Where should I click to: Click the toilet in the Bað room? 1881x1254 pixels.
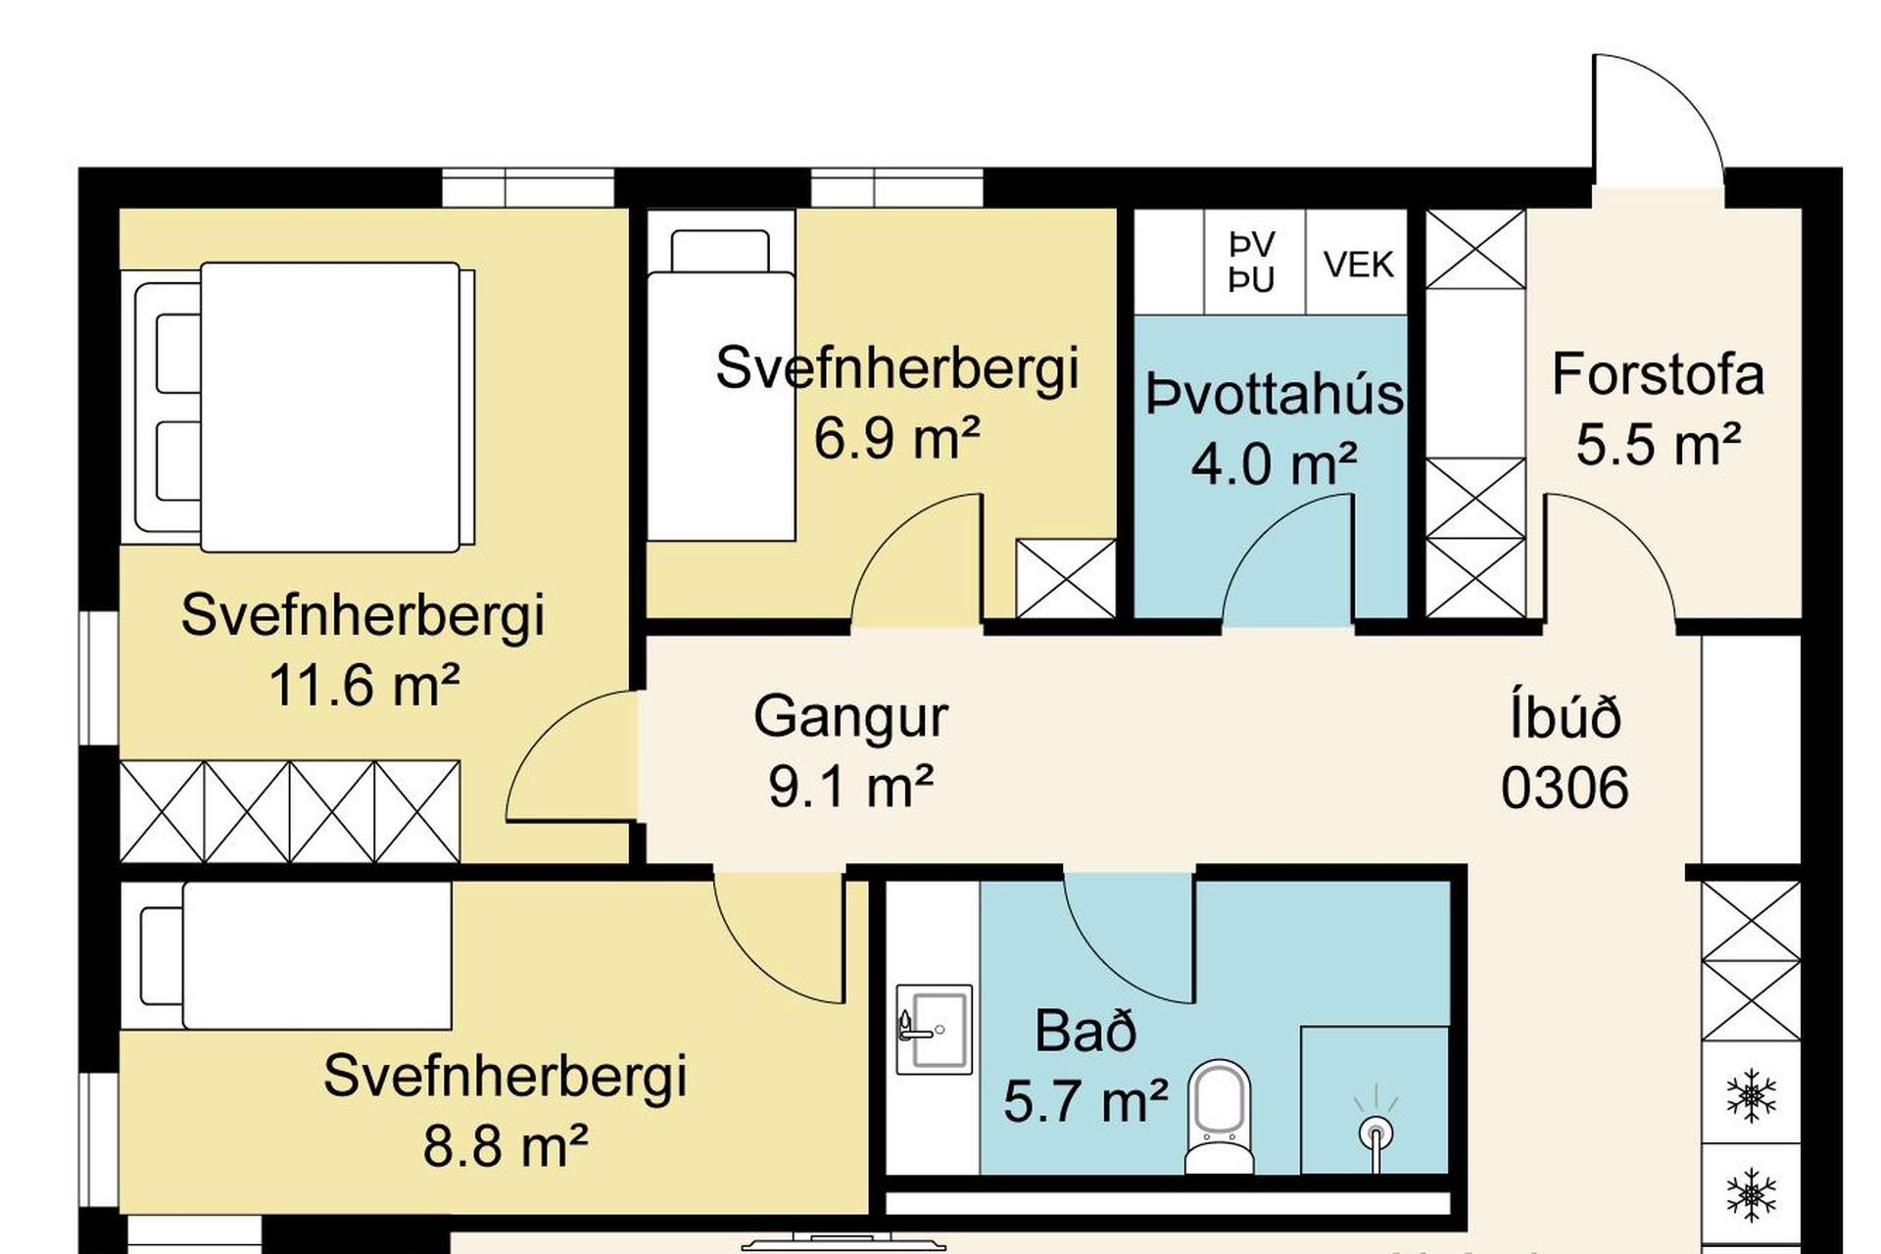pos(1220,1117)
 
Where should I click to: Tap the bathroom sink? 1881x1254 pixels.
pos(934,1029)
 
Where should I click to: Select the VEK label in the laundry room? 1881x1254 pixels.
pos(1358,265)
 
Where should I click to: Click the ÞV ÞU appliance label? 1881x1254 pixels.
pos(1252,263)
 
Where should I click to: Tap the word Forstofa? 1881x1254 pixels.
pos(1658,374)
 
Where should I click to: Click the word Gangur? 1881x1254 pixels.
pos(850,717)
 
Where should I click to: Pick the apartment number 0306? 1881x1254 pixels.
pos(1565,788)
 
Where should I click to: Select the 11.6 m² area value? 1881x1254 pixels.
pos(363,685)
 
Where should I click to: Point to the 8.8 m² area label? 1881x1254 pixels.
pos(505,1144)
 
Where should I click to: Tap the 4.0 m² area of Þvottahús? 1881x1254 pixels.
pos(1274,463)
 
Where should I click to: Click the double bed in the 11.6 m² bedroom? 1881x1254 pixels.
pos(304,407)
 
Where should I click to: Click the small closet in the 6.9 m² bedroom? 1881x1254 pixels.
pos(1066,579)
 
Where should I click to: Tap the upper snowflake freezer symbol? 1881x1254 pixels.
pos(1751,1095)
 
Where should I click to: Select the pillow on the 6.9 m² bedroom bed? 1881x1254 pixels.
pos(720,252)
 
